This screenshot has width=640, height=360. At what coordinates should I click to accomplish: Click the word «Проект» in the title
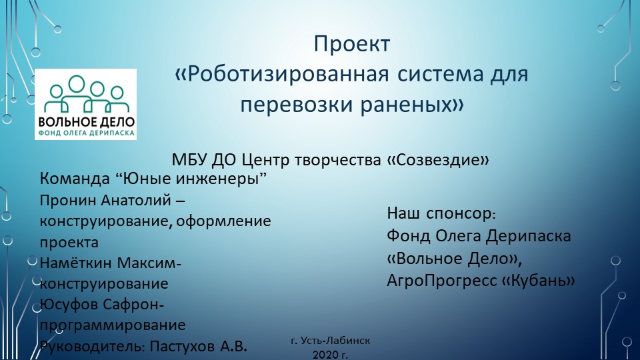(x=351, y=45)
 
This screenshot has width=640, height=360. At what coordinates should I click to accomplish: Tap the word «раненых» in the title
(x=403, y=104)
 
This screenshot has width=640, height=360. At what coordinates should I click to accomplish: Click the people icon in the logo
(x=85, y=95)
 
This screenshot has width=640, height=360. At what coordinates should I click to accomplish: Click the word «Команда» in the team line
(x=74, y=179)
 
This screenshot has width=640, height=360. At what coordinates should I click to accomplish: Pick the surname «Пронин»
(x=67, y=200)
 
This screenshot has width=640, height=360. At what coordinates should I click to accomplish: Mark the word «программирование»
(x=113, y=325)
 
